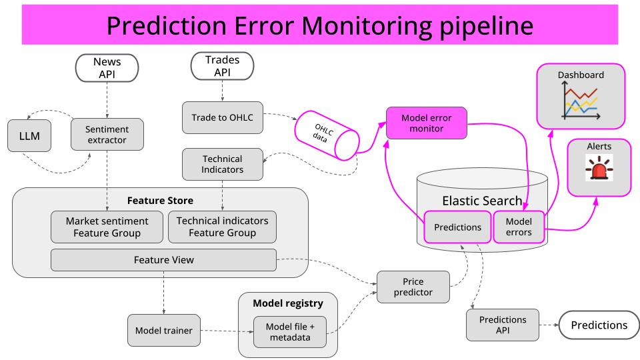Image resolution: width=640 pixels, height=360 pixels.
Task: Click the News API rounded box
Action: click(x=107, y=68)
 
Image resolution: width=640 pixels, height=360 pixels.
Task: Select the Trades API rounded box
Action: click(x=223, y=66)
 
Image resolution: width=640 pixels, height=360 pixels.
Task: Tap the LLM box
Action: click(x=29, y=136)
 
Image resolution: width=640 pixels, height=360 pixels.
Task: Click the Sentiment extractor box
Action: click(x=107, y=134)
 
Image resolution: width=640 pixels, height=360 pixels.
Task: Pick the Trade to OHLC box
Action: click(x=223, y=117)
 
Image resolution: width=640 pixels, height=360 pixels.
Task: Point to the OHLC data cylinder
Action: click(x=327, y=135)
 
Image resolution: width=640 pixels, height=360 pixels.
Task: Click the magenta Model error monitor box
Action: click(x=427, y=123)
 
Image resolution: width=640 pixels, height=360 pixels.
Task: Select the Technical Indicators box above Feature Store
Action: click(x=223, y=164)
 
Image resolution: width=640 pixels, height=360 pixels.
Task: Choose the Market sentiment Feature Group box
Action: click(x=107, y=227)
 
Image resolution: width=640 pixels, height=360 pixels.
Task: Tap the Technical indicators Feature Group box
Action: click(x=223, y=227)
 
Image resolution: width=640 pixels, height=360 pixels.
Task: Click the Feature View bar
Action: click(x=164, y=260)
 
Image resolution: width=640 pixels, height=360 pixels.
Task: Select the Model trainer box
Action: click(x=164, y=331)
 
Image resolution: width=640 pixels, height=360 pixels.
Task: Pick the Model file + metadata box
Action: click(x=290, y=332)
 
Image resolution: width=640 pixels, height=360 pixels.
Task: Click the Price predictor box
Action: click(x=413, y=287)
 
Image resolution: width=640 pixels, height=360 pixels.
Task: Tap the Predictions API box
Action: click(x=503, y=325)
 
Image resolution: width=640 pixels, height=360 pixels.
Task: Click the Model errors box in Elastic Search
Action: click(x=519, y=227)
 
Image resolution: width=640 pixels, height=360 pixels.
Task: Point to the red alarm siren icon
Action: click(x=599, y=167)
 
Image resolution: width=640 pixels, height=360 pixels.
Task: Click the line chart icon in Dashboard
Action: click(x=581, y=101)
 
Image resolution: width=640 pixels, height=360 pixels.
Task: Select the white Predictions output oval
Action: click(x=599, y=325)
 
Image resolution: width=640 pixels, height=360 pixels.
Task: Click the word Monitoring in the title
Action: click(x=366, y=26)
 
